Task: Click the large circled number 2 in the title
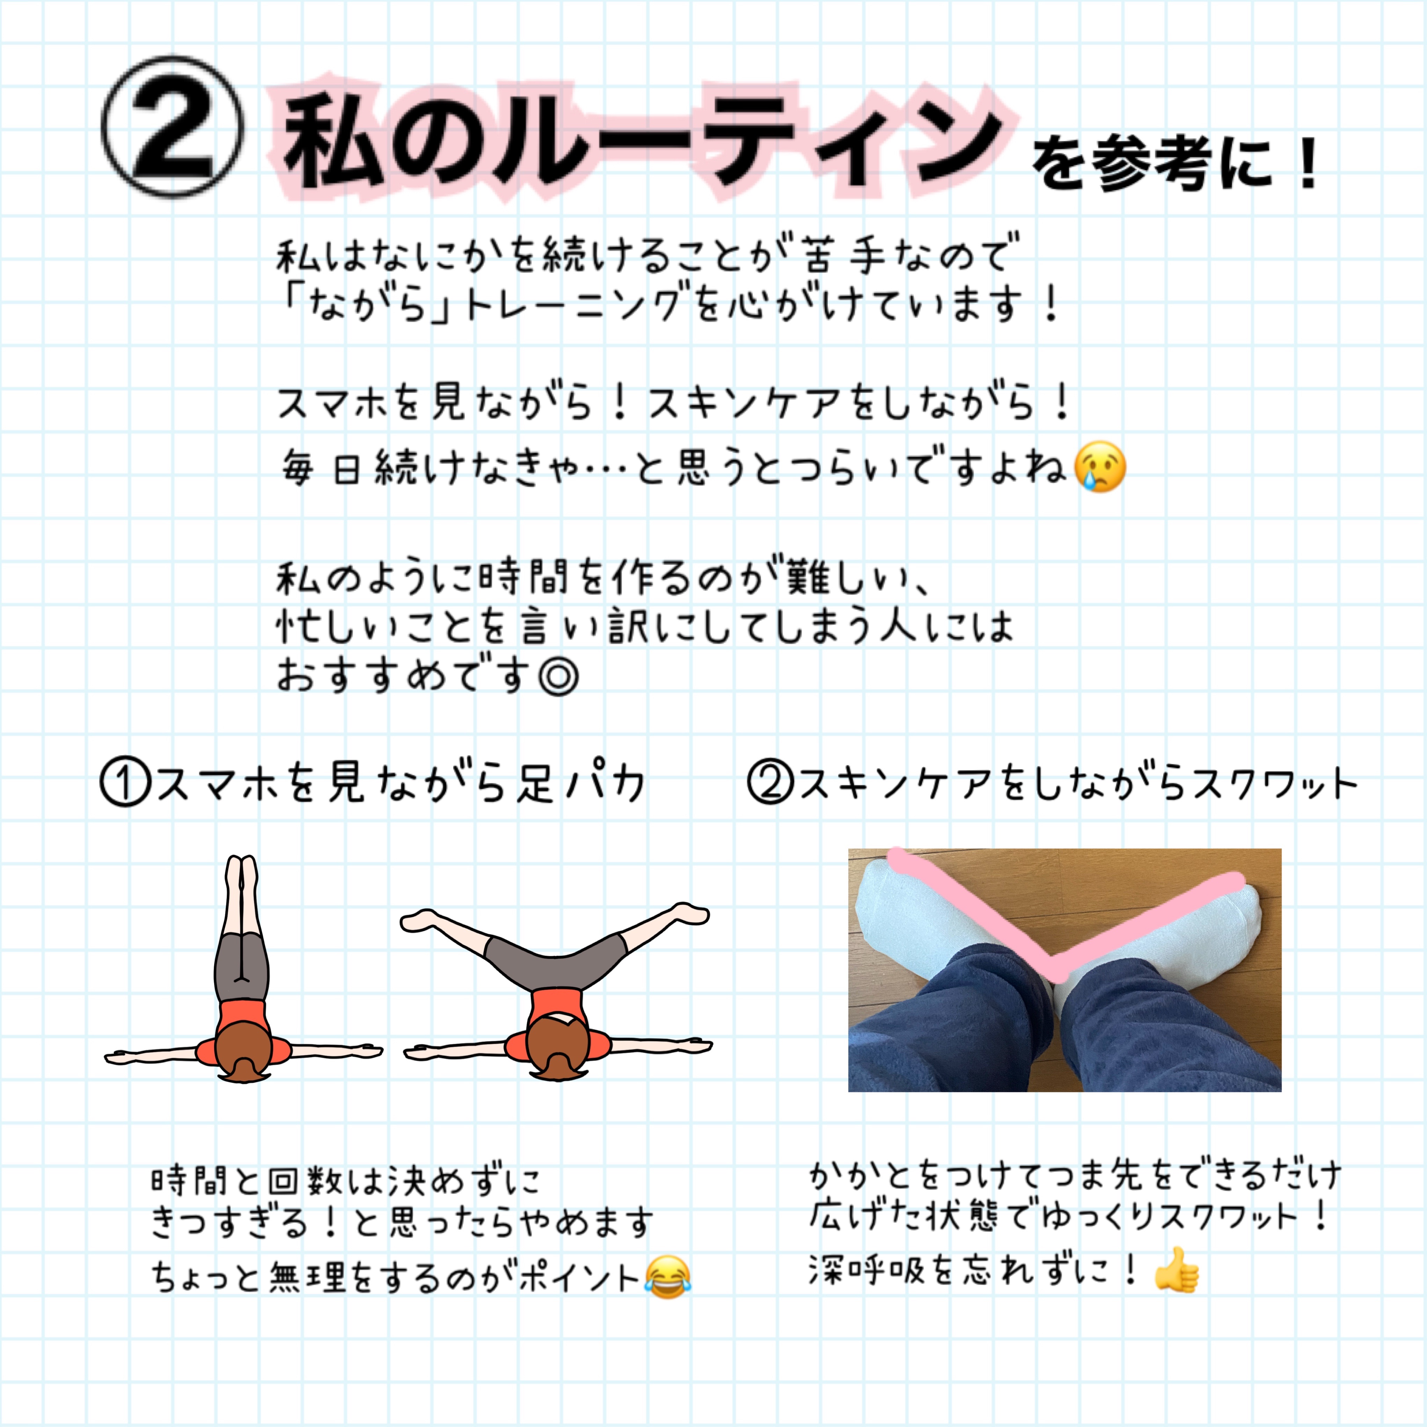tap(171, 127)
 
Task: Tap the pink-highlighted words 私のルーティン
tap(643, 140)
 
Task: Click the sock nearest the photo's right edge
tap(1167, 945)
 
